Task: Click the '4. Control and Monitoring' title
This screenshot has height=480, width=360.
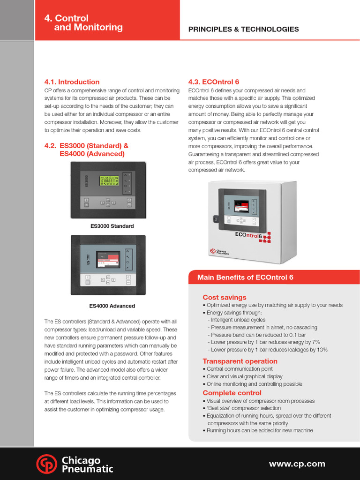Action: click(x=83, y=23)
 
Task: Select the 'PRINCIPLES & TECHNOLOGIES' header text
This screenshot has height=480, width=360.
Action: click(x=243, y=29)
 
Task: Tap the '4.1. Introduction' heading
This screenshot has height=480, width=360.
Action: click(x=72, y=82)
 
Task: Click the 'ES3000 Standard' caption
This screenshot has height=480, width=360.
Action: click(x=112, y=226)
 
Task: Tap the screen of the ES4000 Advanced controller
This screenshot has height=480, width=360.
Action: click(x=108, y=259)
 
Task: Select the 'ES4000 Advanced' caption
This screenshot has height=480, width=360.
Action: click(x=112, y=306)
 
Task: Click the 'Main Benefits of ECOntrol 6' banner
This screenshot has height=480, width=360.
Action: click(x=245, y=277)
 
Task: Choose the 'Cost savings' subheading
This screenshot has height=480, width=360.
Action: click(x=224, y=298)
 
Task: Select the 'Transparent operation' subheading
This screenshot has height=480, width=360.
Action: click(x=240, y=361)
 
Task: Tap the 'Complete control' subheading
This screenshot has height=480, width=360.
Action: click(x=232, y=393)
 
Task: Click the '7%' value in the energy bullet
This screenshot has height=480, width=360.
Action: click(x=315, y=342)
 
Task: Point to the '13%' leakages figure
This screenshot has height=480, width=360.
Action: click(x=322, y=350)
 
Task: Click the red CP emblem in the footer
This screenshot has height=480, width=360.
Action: click(x=46, y=464)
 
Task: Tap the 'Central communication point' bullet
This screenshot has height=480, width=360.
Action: click(x=241, y=369)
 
